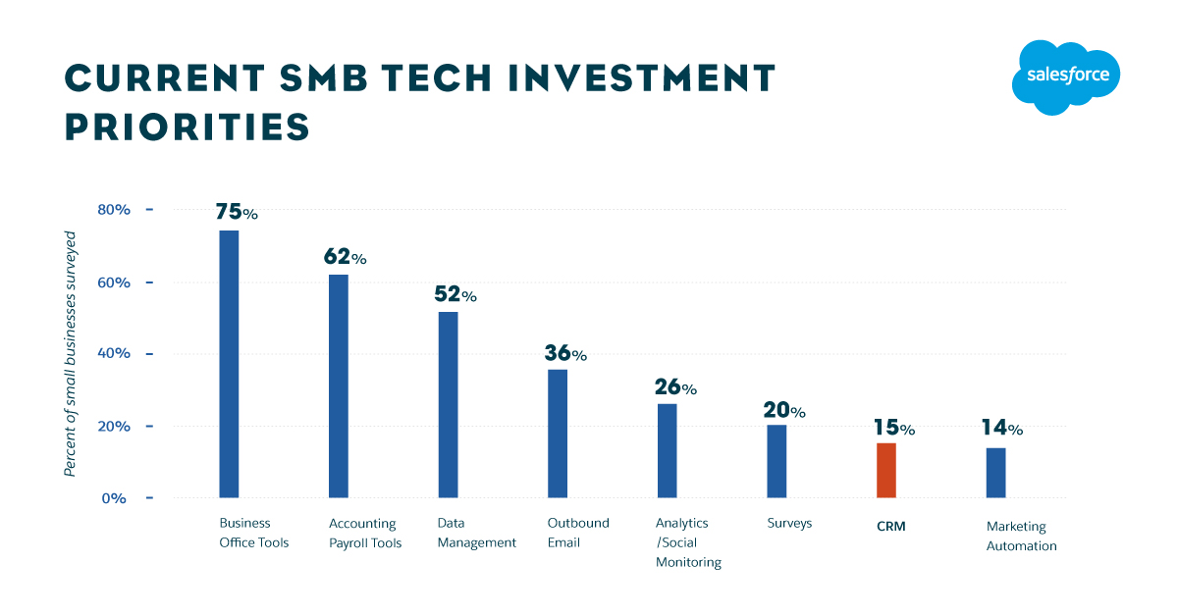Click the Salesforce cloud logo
pyautogui.click(x=1066, y=77)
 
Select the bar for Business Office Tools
pyautogui.click(x=229, y=364)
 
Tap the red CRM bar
pyautogui.click(x=886, y=471)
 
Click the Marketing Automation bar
pyautogui.click(x=995, y=473)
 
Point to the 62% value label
pyautogui.click(x=345, y=257)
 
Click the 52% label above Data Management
pyautogui.click(x=455, y=294)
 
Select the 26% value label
pyautogui.click(x=674, y=387)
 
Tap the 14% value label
pyautogui.click(x=1001, y=428)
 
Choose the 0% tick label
pyautogui.click(x=115, y=498)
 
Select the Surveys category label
pyautogui.click(x=789, y=524)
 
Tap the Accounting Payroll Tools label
pyautogui.click(x=365, y=534)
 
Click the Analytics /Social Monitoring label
pyautogui.click(x=688, y=542)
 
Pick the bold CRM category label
pyautogui.click(x=891, y=526)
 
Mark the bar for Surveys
pyautogui.click(x=776, y=461)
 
